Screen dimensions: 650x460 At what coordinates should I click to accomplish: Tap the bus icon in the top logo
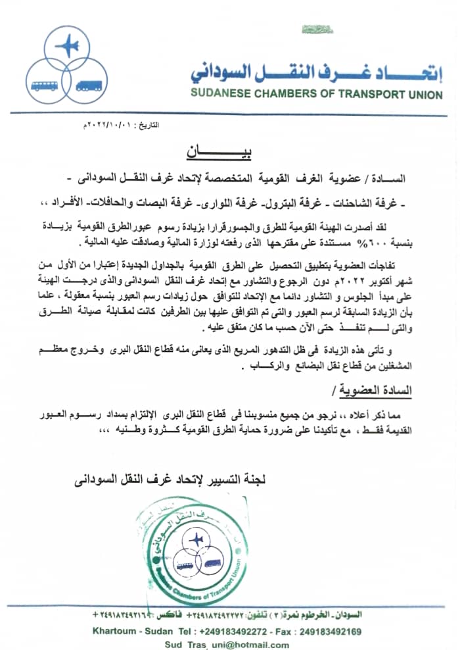tap(43, 86)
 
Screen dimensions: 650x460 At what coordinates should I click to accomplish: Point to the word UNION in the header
tap(423, 94)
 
